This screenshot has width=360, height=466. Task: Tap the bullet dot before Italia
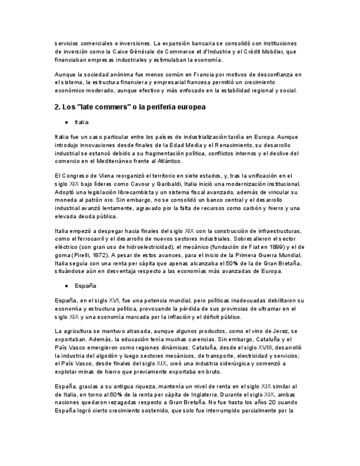(67, 123)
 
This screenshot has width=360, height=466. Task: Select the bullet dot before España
(67, 286)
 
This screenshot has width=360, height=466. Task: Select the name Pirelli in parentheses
(84, 256)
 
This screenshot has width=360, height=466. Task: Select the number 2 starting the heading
(57, 107)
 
